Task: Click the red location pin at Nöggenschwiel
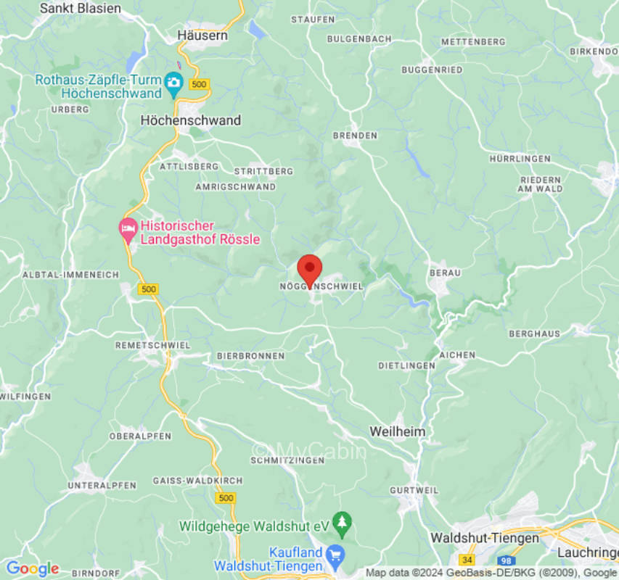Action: point(310,270)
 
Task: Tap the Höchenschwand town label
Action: point(190,120)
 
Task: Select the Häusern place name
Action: point(202,35)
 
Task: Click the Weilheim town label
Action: point(398,431)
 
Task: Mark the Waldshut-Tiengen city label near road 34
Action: point(485,538)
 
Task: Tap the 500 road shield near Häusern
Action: point(198,84)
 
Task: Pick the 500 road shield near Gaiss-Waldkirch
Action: point(226,497)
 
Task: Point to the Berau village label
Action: point(445,273)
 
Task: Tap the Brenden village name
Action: point(355,136)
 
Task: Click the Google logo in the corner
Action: point(32,568)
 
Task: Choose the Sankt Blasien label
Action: point(81,9)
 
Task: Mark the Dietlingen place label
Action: point(406,365)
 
